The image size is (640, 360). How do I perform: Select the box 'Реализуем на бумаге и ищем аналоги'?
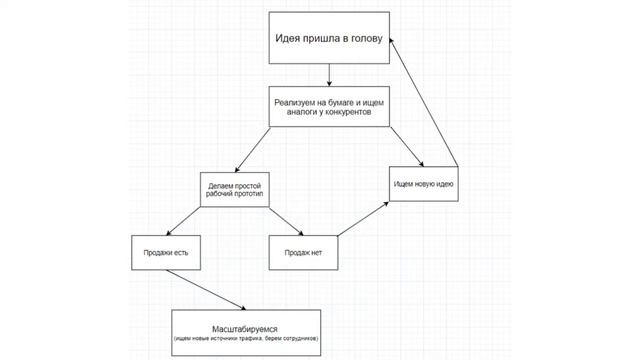pos(329,107)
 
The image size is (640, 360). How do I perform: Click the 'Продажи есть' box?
pos(166,252)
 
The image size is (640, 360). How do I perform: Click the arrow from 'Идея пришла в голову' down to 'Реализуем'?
pos(329,75)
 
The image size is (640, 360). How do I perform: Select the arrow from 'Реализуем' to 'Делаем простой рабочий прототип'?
pos(256,148)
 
